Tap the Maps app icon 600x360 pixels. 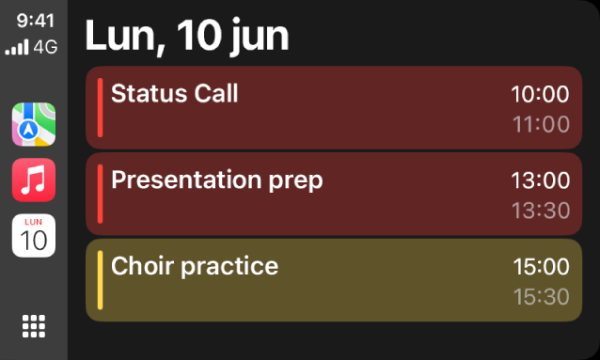[34, 125]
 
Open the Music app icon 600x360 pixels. [34, 180]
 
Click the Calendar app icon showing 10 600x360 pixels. [34, 235]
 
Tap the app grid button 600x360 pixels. [34, 325]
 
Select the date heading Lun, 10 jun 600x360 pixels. [187, 36]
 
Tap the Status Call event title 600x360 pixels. [175, 93]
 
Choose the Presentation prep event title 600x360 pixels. [216, 180]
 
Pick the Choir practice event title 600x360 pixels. [195, 266]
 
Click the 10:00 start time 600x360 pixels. [540, 94]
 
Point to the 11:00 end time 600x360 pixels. [541, 124]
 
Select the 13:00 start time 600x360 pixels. [540, 180]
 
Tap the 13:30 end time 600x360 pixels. [541, 211]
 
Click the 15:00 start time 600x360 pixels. [541, 267]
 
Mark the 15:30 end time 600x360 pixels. [541, 297]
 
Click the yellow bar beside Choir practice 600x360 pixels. [100, 280]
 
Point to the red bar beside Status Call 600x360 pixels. [100, 107]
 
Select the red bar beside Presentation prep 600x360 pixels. [100, 194]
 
